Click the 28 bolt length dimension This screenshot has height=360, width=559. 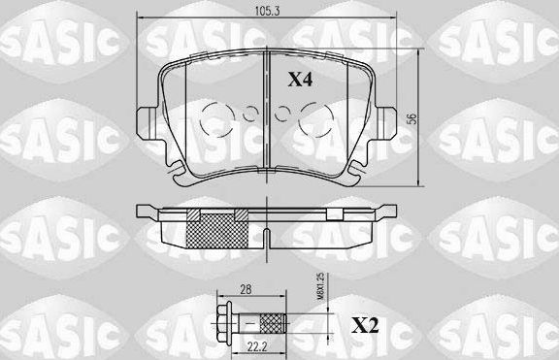click(245, 289)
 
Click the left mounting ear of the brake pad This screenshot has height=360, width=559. click(147, 121)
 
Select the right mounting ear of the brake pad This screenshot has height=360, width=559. click(388, 121)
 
